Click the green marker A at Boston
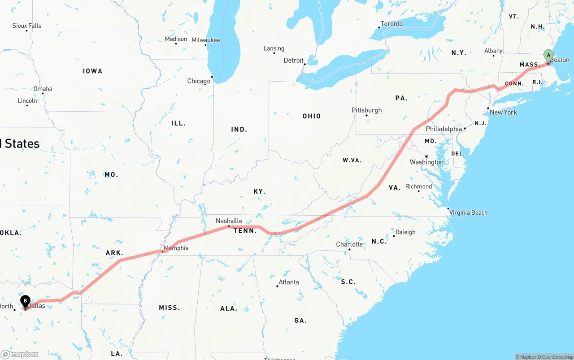pos(548,56)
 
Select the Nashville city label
pos(229,221)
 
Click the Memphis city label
pos(176,248)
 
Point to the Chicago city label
pos(199,81)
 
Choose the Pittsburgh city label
pos(366,110)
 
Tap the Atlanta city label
pos(288,282)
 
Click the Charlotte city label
pos(349,244)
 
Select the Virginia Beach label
pos(468,213)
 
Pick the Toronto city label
pos(391,24)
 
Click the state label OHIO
pos(311,116)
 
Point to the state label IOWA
pos(92,71)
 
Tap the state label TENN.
pos(245,231)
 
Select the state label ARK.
pos(114,253)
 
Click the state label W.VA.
pos(352,160)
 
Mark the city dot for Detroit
pos(304,64)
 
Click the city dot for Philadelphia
pos(465,129)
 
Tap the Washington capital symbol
pos(426,156)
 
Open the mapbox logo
pos(20,354)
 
